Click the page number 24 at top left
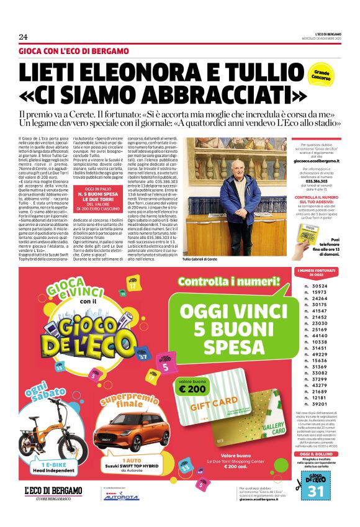pyautogui.click(x=23, y=36)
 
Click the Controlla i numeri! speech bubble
pyautogui.click(x=233, y=283)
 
